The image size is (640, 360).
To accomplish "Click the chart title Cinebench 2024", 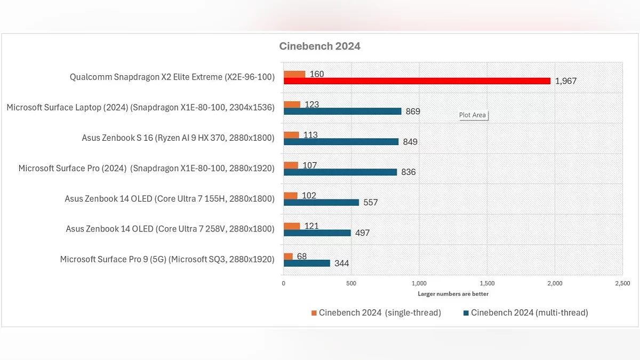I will (319, 46).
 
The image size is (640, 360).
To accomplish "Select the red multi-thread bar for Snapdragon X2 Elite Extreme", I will (417, 81).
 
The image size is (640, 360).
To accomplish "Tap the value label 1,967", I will (565, 81).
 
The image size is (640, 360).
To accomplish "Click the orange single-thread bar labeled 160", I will (294, 74).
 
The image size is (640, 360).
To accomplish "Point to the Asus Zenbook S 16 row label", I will (178, 138).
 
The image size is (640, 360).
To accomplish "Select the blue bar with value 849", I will (341, 142).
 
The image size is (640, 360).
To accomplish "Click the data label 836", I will (408, 172).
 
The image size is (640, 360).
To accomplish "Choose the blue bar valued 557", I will (321, 203).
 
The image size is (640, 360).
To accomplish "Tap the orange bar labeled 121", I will (292, 226).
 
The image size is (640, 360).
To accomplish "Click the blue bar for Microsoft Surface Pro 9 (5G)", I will (307, 263).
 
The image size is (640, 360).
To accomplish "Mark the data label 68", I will (302, 257).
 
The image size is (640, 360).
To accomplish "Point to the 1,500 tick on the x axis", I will (487, 283).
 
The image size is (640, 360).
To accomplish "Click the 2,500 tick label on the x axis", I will (622, 283).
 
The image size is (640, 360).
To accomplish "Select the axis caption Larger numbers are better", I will (453, 294).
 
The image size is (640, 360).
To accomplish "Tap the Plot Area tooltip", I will (473, 115).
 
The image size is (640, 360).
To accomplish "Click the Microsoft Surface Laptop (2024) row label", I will (140, 108).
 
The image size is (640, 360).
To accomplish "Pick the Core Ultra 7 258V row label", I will (170, 229).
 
